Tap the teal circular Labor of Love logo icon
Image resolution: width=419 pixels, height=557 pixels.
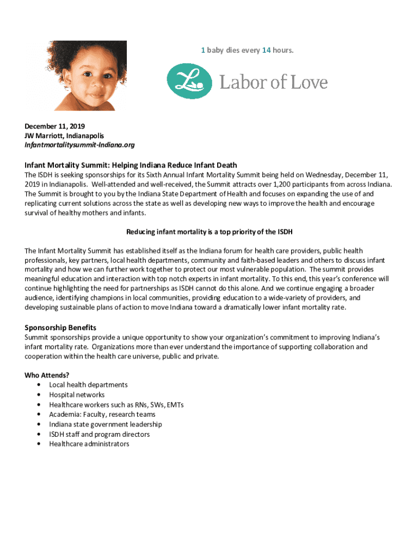tap(189, 81)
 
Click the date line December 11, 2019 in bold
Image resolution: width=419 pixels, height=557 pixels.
tap(54, 126)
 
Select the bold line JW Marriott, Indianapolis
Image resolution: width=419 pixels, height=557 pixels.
tap(64, 135)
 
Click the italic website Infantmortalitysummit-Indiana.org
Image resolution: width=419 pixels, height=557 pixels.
tap(79, 145)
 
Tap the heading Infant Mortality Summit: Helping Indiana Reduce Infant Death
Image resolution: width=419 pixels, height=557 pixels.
tap(131, 165)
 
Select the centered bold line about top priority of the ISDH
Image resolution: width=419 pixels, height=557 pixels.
tap(209, 232)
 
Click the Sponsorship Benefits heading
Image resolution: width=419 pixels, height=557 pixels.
tap(60, 327)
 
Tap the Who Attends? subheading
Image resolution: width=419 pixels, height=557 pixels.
tap(47, 375)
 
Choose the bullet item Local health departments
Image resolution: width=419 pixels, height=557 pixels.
tap(88, 385)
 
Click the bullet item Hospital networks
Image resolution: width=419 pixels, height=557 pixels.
tap(77, 394)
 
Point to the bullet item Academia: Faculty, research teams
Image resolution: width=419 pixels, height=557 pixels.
tap(102, 414)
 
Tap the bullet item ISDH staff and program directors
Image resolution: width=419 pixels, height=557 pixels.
tap(99, 434)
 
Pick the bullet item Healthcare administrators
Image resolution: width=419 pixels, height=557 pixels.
tap(89, 444)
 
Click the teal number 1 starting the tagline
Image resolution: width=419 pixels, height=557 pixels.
tap(202, 50)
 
